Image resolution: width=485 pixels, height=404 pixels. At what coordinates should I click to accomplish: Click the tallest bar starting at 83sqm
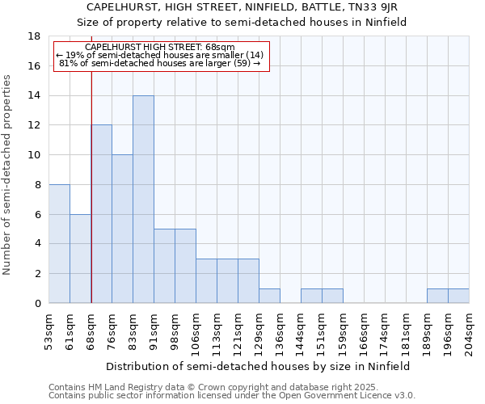[x=143, y=200]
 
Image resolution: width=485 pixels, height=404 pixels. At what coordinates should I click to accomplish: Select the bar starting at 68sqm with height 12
[x=101, y=214]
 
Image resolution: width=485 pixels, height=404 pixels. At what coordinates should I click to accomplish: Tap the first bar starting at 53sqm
[x=59, y=244]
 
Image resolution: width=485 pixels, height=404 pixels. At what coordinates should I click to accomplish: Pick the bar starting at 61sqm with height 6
[x=80, y=259]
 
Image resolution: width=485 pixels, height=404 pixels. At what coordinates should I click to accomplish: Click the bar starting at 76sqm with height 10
[x=122, y=229]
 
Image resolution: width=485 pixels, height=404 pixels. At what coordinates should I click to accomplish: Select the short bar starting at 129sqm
[x=269, y=296]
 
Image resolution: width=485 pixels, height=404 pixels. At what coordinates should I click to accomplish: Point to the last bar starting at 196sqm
[x=458, y=296]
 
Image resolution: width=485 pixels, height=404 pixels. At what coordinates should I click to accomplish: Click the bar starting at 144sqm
[x=311, y=296]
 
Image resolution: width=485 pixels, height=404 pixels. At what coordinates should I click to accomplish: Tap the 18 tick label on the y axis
[x=34, y=36]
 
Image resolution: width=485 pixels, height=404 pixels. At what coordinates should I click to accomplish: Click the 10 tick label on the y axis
[x=34, y=155]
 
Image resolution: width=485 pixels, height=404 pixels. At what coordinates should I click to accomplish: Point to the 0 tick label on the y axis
[x=37, y=304]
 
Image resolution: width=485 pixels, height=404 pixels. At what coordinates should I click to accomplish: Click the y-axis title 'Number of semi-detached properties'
[x=8, y=175]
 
